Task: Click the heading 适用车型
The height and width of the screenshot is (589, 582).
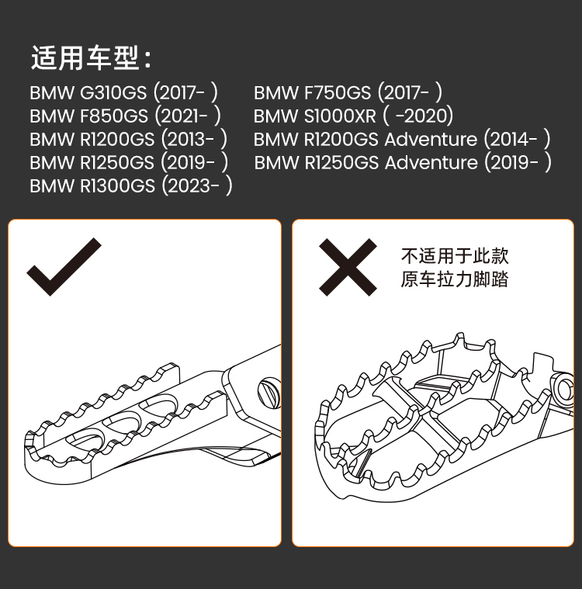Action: (91, 58)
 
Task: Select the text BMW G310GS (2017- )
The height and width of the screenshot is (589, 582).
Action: (124, 92)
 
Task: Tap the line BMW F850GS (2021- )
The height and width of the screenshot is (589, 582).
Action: (126, 116)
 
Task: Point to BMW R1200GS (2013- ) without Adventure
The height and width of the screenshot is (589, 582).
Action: (129, 139)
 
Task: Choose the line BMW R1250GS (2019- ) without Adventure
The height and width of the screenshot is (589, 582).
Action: (129, 162)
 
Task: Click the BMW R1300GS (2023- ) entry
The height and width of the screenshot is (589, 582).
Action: (131, 185)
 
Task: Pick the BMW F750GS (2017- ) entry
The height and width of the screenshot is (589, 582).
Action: (348, 92)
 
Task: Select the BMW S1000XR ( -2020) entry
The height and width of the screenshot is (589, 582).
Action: (353, 116)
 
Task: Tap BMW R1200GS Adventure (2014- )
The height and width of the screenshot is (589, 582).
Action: (402, 139)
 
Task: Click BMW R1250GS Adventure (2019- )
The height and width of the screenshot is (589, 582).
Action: (403, 162)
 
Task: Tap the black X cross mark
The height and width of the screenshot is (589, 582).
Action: (348, 266)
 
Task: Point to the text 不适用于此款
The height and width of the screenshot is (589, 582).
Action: (455, 256)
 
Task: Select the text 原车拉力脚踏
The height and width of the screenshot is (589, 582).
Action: (455, 279)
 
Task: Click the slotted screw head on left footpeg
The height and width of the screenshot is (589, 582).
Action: (268, 390)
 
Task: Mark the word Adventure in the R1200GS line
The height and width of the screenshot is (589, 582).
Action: (431, 139)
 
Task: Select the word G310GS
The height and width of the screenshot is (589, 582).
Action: (113, 92)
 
